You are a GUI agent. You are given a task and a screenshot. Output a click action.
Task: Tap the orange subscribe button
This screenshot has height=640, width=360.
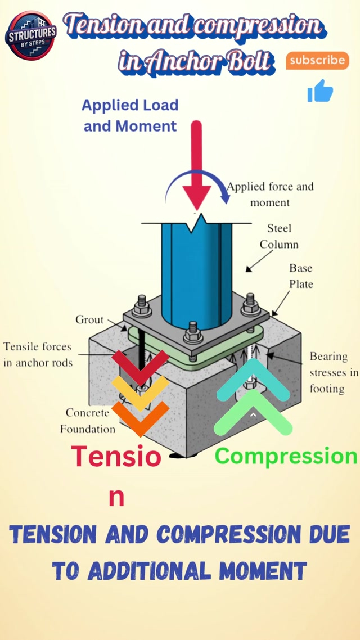tap(317, 60)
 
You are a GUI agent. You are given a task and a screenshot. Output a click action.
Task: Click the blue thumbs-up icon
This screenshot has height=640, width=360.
tap(320, 92)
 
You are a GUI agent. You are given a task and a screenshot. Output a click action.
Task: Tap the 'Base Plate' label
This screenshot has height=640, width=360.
tap(300, 276)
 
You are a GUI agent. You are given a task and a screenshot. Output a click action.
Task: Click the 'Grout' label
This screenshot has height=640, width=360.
tap(89, 319)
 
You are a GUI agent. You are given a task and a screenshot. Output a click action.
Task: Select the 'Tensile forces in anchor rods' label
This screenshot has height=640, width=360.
tap(38, 354)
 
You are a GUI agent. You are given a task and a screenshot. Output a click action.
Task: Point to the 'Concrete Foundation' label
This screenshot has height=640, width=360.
tap(87, 421)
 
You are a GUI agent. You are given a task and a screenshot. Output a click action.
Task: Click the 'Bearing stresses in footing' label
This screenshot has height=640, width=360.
tap(334, 372)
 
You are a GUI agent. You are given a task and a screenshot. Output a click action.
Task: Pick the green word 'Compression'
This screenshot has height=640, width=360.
tap(286, 456)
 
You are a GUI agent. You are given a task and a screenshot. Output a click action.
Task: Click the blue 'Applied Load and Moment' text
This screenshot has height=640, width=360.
tap(130, 115)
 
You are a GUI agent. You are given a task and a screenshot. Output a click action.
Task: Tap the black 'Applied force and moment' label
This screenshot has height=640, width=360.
tap(270, 194)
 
